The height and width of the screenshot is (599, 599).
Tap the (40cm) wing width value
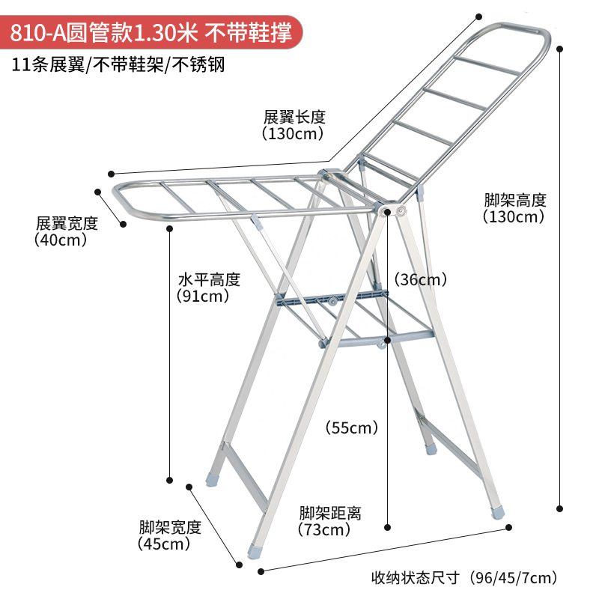[61, 240]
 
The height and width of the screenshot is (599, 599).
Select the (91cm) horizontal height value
[202, 296]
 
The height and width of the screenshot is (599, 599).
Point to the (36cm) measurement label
[422, 279]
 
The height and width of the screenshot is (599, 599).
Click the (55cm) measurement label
[351, 428]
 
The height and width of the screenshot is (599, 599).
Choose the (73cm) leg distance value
[324, 530]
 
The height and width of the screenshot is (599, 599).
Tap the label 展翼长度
[294, 118]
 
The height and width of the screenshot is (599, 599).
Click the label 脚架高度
[515, 200]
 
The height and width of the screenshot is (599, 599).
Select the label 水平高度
[209, 279]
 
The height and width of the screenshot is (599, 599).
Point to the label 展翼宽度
[67, 223]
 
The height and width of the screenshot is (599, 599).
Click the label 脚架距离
[330, 513]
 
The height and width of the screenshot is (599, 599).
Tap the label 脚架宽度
[170, 526]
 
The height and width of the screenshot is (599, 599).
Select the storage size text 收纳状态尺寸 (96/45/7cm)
[465, 577]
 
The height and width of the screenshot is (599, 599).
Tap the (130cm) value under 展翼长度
[293, 134]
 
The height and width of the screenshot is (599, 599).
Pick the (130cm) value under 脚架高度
[514, 217]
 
